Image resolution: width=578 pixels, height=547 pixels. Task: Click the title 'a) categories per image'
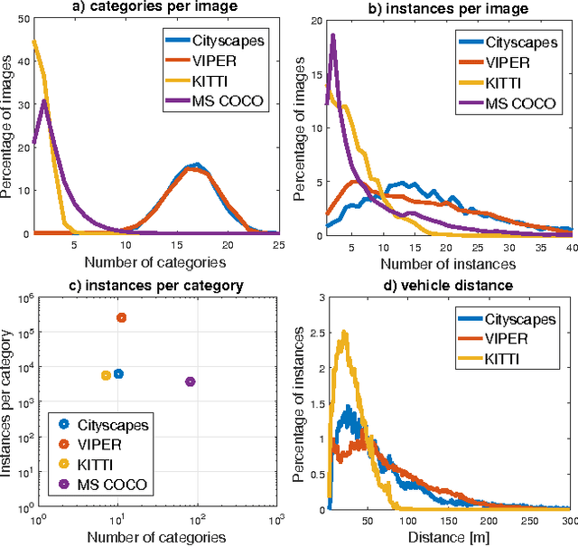tap(155, 8)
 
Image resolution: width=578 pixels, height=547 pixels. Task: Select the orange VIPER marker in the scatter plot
tap(121, 317)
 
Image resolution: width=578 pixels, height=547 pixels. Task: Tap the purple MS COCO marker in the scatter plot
tap(191, 382)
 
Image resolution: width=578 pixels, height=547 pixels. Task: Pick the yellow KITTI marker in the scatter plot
tap(106, 375)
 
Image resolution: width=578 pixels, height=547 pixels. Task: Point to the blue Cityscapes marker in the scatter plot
tap(118, 373)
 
